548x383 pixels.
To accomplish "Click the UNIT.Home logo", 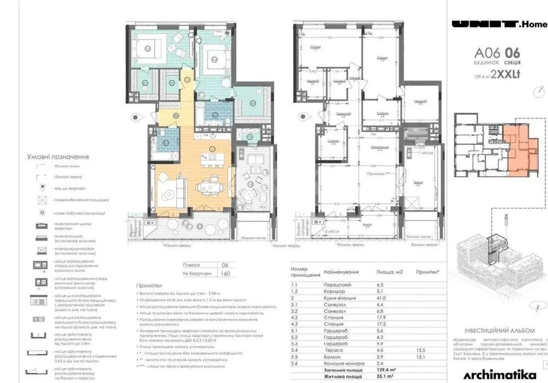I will tap(499, 25).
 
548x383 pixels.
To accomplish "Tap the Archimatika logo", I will tap(500, 374).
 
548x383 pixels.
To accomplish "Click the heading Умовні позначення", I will tap(58, 157).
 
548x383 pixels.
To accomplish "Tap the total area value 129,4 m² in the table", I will tap(385, 370).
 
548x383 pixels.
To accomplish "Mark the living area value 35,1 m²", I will tap(385, 377).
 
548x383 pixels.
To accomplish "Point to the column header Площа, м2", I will tap(389, 272).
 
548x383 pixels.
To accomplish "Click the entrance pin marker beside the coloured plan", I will tap(136, 117).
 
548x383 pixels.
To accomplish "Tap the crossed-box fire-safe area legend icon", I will tap(42, 200).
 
